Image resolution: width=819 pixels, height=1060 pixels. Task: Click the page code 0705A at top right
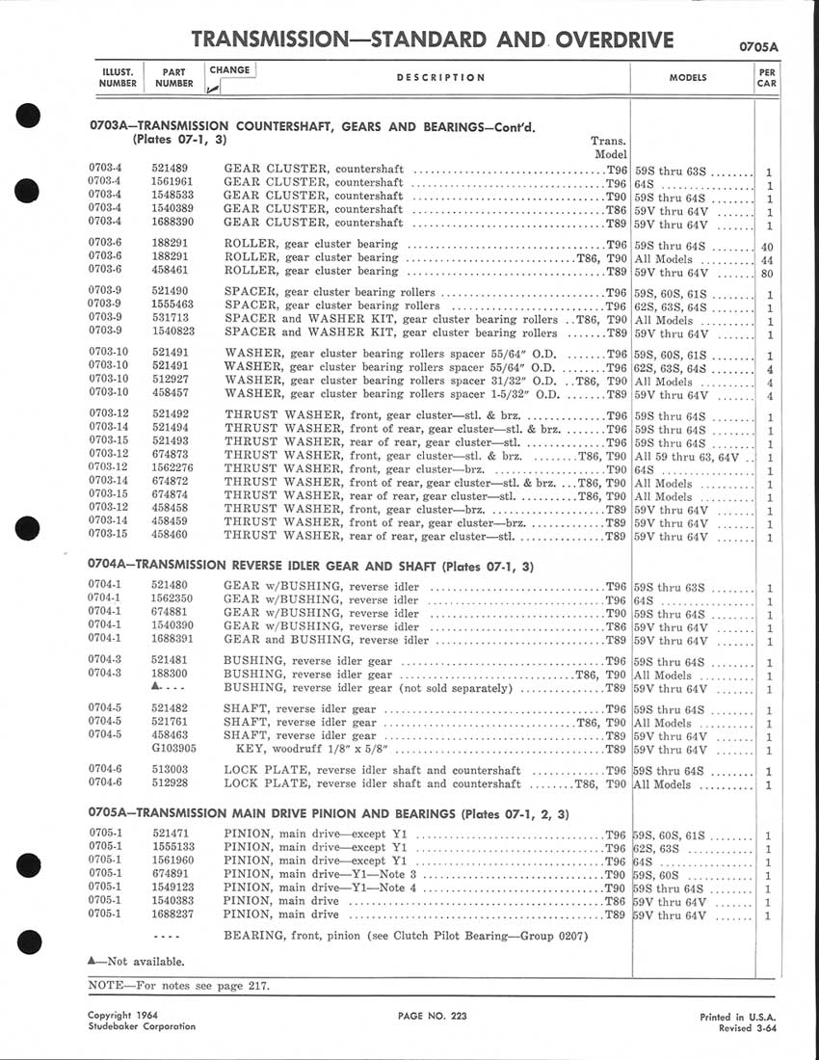click(758, 45)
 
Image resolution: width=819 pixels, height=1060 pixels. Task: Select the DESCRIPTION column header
click(440, 78)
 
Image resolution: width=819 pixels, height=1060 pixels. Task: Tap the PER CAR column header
click(766, 77)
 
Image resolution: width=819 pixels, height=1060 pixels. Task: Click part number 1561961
click(173, 182)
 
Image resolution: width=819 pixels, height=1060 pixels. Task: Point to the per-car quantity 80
click(768, 272)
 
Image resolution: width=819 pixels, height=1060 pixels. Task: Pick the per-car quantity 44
click(768, 259)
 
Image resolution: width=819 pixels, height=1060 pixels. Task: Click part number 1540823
click(173, 332)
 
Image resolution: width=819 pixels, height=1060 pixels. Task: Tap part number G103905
click(173, 749)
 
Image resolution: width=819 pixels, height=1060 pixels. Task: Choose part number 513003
click(170, 771)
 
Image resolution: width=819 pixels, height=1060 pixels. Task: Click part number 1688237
click(173, 914)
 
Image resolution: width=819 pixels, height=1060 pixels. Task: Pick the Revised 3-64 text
click(748, 1028)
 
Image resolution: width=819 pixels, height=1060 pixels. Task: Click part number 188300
click(170, 676)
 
